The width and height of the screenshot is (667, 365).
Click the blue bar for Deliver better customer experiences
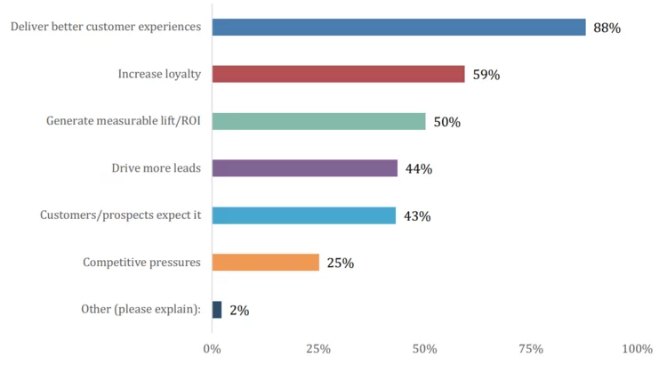click(x=398, y=27)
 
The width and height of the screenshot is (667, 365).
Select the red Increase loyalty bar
click(x=338, y=74)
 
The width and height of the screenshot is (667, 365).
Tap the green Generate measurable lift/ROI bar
click(x=318, y=121)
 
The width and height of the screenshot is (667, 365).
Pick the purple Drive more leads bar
click(x=304, y=168)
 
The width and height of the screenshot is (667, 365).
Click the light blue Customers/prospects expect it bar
click(x=303, y=215)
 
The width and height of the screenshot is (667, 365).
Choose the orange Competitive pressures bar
click(x=265, y=262)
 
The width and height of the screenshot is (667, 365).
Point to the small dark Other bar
click(x=217, y=309)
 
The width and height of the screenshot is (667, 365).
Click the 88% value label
click(x=607, y=28)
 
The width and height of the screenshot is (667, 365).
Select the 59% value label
click(x=486, y=75)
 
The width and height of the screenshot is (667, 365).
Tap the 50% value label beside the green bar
click(x=446, y=122)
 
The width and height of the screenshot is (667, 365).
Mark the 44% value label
click(x=419, y=169)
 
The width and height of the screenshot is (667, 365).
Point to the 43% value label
click(x=417, y=216)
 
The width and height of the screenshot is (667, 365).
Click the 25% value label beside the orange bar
click(x=341, y=263)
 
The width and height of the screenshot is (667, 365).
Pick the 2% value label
click(x=238, y=311)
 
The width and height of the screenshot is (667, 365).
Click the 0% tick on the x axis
click(x=213, y=348)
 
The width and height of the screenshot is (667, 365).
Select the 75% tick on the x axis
click(x=531, y=348)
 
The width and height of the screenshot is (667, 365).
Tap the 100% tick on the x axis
click(x=637, y=348)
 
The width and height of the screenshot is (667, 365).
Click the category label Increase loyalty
click(x=159, y=74)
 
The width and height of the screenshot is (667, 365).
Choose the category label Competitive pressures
click(x=141, y=262)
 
